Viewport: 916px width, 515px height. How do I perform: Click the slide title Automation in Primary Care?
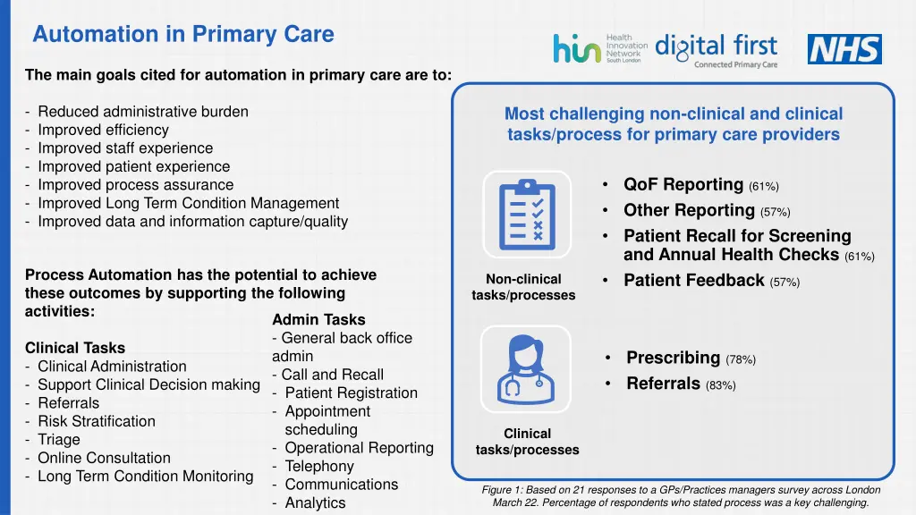click(182, 35)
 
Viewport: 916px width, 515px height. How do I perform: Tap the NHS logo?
click(844, 49)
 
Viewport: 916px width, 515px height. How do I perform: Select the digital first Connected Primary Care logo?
click(716, 50)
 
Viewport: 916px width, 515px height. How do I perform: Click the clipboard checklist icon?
click(526, 214)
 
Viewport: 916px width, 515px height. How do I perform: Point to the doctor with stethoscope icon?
click(526, 368)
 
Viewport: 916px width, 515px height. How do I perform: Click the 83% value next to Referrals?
click(720, 385)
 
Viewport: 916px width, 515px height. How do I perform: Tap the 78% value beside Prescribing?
click(741, 359)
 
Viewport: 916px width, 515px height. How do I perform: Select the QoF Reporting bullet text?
click(683, 185)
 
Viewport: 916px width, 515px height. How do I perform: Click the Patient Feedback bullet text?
click(693, 281)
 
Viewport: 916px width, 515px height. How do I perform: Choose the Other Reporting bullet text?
click(689, 211)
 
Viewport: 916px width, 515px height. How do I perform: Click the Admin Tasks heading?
click(318, 319)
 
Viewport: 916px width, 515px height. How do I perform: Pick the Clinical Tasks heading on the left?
click(75, 348)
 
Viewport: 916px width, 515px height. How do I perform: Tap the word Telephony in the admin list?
click(319, 466)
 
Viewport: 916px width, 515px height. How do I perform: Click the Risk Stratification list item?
click(96, 421)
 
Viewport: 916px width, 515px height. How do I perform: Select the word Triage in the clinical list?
click(59, 439)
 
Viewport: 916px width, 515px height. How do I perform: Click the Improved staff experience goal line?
click(124, 148)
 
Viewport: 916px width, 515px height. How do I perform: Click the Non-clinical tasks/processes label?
click(523, 287)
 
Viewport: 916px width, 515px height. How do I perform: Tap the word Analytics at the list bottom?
click(315, 502)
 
